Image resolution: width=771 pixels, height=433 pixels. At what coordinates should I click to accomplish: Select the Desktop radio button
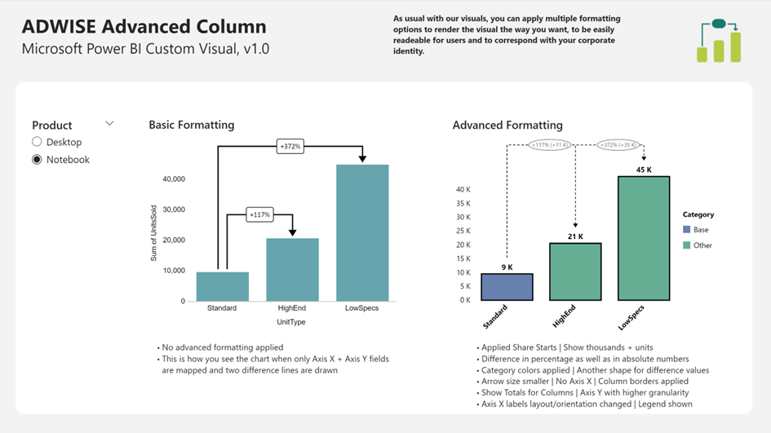coord(37,142)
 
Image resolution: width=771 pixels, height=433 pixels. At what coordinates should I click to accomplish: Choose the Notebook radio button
coord(37,160)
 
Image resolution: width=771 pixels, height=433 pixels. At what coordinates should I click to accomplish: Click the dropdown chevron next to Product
coord(109,124)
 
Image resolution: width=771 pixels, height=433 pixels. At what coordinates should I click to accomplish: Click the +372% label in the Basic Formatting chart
coord(290,147)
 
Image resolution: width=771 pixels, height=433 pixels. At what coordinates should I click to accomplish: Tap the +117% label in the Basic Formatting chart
coord(259,214)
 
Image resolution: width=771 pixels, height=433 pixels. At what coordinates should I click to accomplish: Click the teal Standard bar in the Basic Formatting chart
coord(222,286)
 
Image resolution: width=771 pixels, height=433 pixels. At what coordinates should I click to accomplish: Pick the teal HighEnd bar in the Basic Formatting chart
coord(292,270)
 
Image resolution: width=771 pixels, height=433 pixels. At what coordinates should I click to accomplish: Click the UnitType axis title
coord(291,322)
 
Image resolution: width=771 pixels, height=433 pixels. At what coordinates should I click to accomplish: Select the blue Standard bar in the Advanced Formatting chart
coord(507,287)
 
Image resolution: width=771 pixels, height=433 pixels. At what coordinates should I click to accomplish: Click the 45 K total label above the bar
coord(644,170)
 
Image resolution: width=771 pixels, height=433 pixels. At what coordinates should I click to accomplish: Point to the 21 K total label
coord(575,236)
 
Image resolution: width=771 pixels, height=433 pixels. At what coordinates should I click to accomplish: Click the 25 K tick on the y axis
coord(463,231)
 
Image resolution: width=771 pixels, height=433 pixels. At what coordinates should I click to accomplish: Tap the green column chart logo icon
coord(719,42)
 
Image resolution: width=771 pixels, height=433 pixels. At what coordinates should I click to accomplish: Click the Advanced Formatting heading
coord(507,126)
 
